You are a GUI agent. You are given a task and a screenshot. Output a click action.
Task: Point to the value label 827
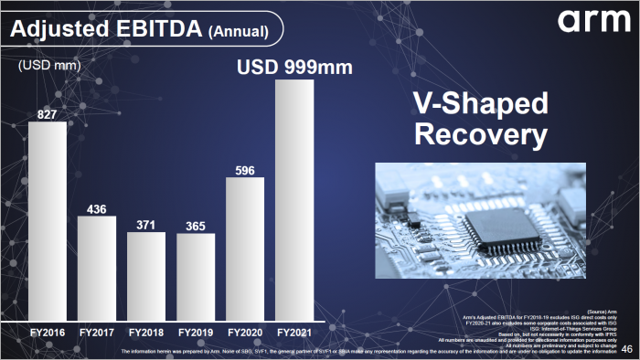(48, 113)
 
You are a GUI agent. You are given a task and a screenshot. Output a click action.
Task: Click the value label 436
(97, 208)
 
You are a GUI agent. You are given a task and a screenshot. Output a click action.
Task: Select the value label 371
(146, 224)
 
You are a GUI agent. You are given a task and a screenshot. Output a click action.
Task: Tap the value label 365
(196, 226)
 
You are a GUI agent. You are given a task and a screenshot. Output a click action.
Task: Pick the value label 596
(245, 169)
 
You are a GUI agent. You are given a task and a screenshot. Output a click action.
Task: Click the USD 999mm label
(294, 68)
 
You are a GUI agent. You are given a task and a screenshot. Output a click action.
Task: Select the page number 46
(626, 349)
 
